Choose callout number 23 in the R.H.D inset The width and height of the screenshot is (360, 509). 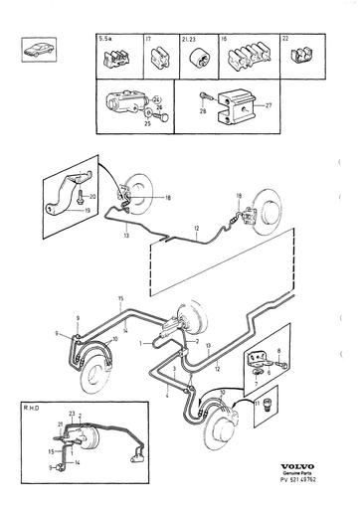73,413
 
